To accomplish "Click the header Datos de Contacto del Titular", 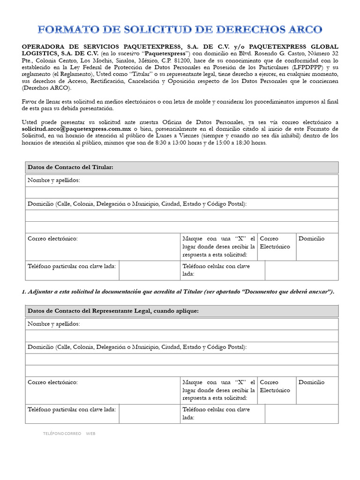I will coord(70,167).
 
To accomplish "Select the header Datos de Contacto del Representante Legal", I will coord(113,311).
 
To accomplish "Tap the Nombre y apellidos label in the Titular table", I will coord(53,180).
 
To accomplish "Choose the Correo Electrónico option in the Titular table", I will coord(275,242).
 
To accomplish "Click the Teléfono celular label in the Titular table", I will coord(216,270).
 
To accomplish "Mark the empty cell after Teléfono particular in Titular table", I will coord(149,270).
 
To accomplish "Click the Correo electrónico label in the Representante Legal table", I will coord(52,382).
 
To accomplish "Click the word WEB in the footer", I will coord(90,434).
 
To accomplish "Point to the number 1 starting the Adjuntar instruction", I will coord(23,292).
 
